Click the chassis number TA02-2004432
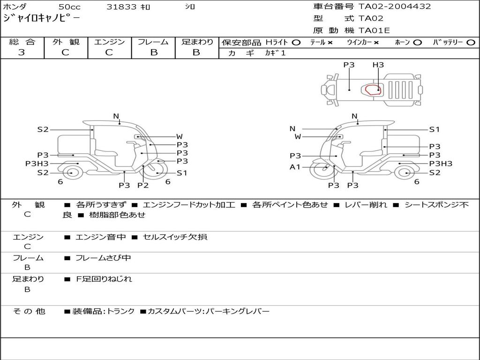tap(395, 7)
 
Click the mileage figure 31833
tap(121, 7)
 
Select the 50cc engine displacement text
tap(69, 7)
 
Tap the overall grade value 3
tap(22, 52)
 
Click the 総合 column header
tap(22, 42)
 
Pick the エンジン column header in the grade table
tap(109, 42)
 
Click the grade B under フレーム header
tap(153, 52)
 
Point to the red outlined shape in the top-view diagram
tap(373, 89)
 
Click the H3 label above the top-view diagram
tap(378, 65)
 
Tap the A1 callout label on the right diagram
tap(295, 167)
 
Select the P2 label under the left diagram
tap(143, 185)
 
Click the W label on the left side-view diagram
tap(179, 137)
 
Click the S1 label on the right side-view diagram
tap(435, 129)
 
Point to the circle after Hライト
tap(296, 42)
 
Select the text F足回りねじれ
tap(104, 279)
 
